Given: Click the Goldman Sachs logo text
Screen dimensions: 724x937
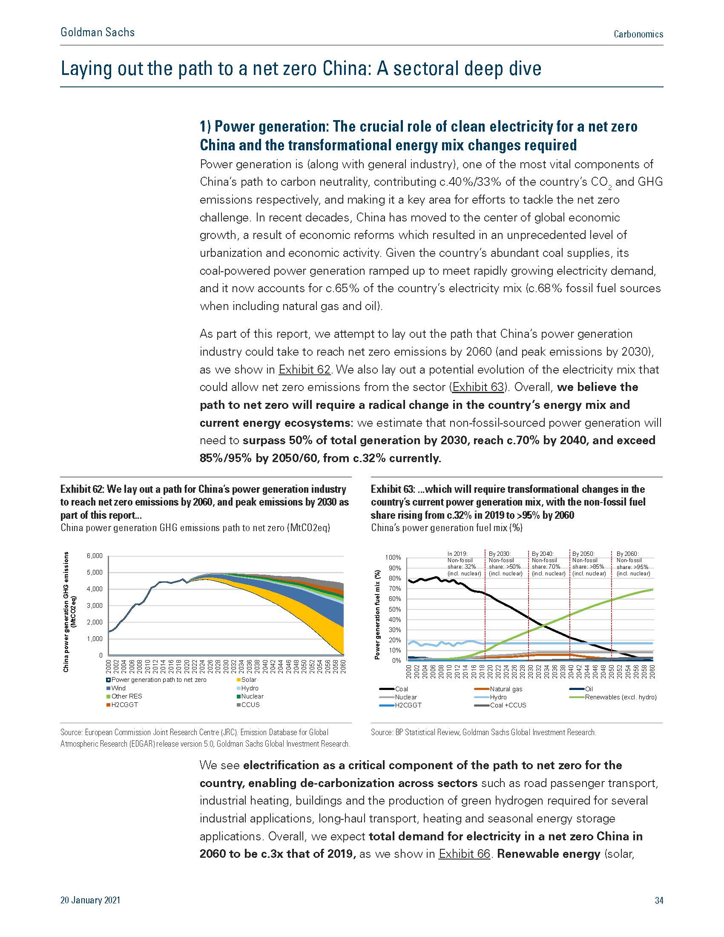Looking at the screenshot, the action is click(98, 32).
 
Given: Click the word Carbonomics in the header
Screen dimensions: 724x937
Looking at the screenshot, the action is click(638, 34).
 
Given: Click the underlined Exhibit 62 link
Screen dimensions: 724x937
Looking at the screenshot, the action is click(305, 369).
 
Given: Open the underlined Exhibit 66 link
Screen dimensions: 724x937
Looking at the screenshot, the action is click(464, 854).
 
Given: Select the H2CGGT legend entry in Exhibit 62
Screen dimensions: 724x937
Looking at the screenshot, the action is click(122, 704).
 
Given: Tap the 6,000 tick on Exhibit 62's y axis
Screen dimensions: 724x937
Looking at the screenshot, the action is click(95, 555).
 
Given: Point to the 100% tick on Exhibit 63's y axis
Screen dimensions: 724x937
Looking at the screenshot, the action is click(394, 558).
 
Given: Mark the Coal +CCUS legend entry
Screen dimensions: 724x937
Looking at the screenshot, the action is click(500, 705).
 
